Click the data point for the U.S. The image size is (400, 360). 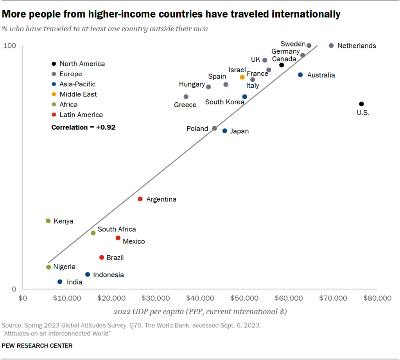point(361,104)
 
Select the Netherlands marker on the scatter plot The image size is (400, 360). point(331,46)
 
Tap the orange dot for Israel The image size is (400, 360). point(242,77)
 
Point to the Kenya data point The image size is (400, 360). point(48,221)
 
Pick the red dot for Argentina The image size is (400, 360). point(140,199)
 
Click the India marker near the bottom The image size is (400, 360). point(60,282)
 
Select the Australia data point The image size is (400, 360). point(300,75)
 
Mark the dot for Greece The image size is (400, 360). point(186,97)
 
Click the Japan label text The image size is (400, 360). point(239,131)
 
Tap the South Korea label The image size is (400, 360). point(225,102)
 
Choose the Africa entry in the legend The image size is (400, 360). point(68,104)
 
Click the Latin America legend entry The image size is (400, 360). point(81,115)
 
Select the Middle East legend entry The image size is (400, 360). point(78,94)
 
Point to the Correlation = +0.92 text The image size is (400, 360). point(83,127)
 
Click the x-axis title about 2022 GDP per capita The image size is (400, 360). point(200,312)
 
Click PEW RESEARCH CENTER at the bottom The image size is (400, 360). point(37,346)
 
